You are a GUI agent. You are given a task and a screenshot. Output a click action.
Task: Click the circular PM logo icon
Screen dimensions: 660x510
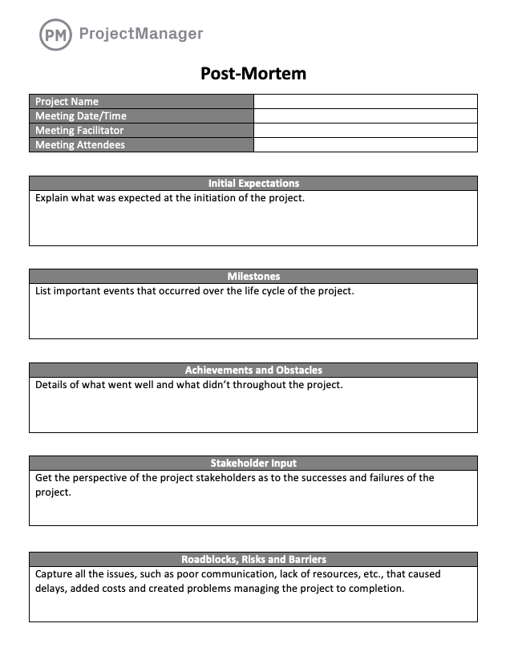(55, 34)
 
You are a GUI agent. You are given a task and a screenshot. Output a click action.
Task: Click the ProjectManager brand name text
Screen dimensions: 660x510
(141, 34)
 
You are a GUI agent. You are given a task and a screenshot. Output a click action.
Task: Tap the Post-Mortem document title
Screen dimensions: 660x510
(253, 74)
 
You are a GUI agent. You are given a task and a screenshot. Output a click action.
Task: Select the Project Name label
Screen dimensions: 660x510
(67, 102)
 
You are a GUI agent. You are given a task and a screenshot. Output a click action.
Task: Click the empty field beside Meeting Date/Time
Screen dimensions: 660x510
(365, 116)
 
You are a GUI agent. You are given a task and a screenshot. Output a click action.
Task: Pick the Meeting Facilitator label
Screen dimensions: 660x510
(79, 131)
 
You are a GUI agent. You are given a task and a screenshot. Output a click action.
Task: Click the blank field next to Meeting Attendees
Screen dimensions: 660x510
(365, 145)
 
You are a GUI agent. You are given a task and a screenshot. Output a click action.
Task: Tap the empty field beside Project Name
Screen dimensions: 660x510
(365, 102)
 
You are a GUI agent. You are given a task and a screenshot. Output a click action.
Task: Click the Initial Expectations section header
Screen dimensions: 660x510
(253, 184)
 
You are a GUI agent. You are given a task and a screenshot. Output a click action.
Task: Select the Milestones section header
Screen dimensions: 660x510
(253, 277)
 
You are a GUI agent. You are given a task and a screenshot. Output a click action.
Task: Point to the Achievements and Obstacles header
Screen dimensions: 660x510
(253, 370)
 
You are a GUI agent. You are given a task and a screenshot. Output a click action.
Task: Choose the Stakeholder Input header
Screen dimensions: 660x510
(253, 464)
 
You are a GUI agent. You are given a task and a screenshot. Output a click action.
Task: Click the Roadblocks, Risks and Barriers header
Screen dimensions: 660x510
(253, 559)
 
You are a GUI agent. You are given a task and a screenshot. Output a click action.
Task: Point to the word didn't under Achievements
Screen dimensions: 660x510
(237, 385)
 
